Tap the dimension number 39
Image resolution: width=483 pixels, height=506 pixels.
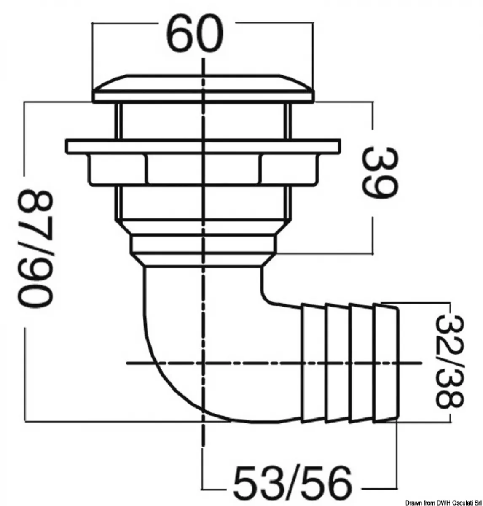pos(380,172)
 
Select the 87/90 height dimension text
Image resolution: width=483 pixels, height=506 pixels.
pos(35,249)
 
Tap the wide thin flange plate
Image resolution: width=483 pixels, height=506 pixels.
pos(203,147)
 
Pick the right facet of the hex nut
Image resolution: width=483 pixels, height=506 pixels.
pos(289,170)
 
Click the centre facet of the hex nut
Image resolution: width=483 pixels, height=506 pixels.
pos(203,170)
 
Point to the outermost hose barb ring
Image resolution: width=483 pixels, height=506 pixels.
pos(385,363)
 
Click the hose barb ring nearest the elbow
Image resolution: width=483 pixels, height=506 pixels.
pos(314,363)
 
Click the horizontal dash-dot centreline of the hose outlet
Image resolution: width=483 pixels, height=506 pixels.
pos(274,363)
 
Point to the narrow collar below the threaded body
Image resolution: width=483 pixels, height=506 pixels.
pos(203,244)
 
